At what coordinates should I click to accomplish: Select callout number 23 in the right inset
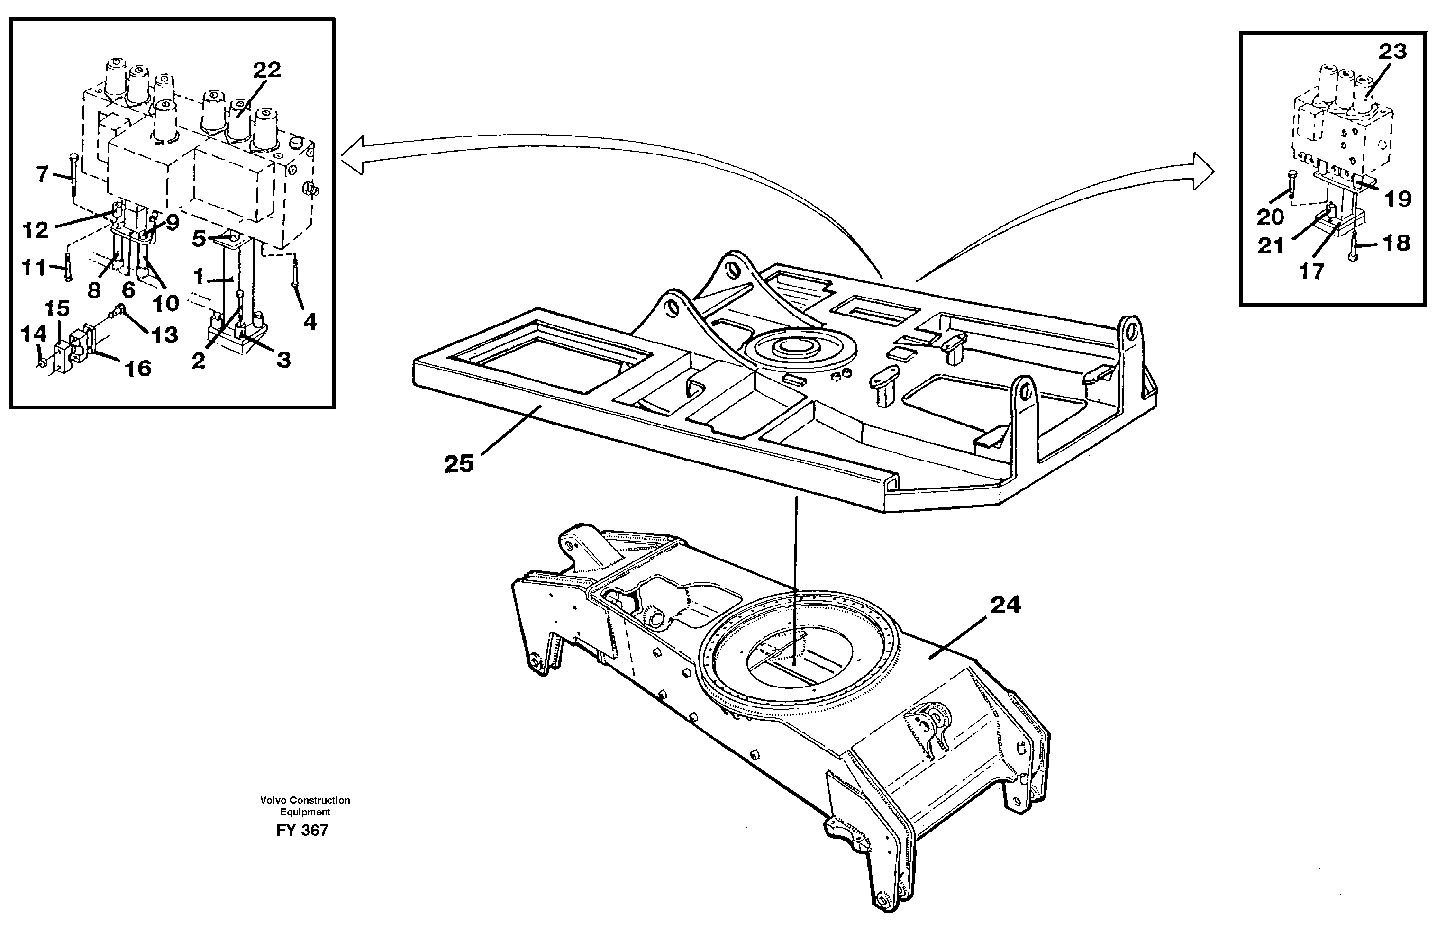pos(1392,52)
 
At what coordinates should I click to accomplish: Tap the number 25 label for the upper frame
pos(459,464)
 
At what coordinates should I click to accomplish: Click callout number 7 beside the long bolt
pos(41,175)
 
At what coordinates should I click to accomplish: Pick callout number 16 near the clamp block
pos(138,368)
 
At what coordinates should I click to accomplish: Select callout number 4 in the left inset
pos(310,322)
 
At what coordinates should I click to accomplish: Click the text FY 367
pos(302,830)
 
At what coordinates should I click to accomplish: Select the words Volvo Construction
pos(305,800)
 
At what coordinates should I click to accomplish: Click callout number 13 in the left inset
pos(164,334)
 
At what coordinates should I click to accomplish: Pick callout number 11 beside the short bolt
pos(34,267)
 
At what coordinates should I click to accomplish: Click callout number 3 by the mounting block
pos(283,360)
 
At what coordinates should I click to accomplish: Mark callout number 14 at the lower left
pos(34,334)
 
